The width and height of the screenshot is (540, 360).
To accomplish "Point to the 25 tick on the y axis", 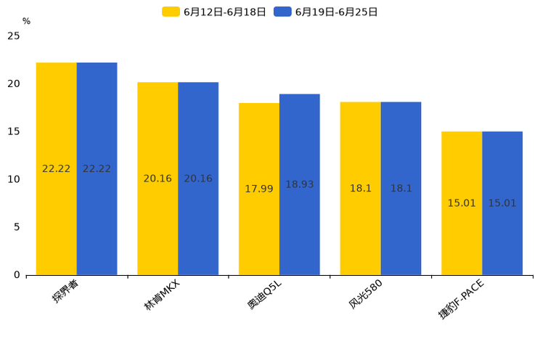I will click(14, 36).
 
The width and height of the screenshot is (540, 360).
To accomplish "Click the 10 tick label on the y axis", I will click(14, 179).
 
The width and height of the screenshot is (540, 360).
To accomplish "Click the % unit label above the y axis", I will click(26, 22).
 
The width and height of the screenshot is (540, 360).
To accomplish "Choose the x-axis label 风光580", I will click(366, 295).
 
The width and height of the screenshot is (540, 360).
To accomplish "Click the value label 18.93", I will click(300, 185).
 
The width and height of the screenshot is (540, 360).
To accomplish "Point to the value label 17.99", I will click(259, 189).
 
